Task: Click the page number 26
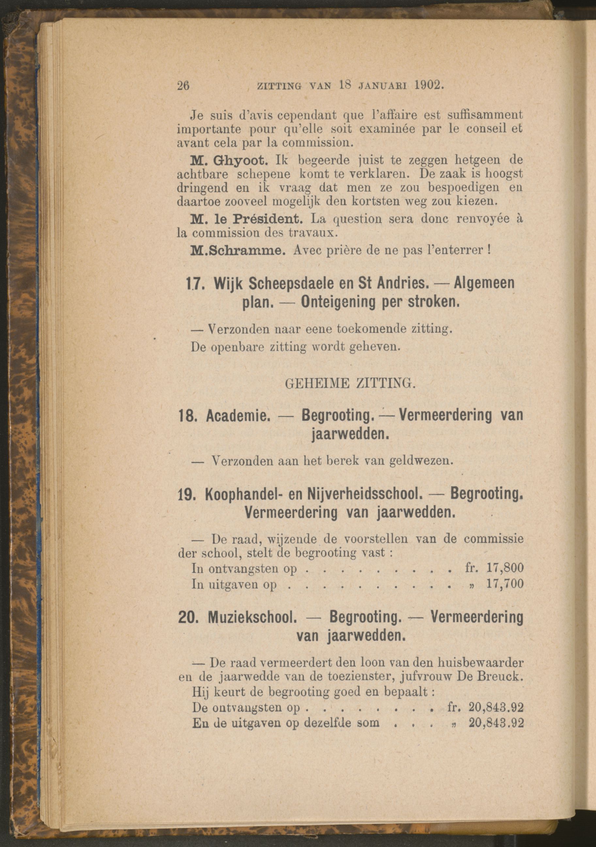[183, 86]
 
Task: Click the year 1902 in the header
[427, 85]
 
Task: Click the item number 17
[194, 283]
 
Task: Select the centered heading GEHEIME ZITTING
[350, 384]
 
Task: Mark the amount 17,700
[505, 584]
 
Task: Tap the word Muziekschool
[252, 618]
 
